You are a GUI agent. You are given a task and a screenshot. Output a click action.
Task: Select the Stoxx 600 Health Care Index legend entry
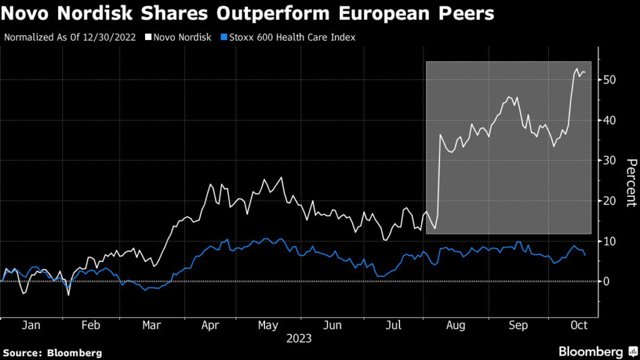coord(291,37)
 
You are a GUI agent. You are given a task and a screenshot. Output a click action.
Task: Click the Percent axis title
coord(631,182)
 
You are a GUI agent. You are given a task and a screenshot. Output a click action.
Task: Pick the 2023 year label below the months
coord(299,339)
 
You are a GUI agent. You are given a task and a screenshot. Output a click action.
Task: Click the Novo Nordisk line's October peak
coord(576,69)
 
